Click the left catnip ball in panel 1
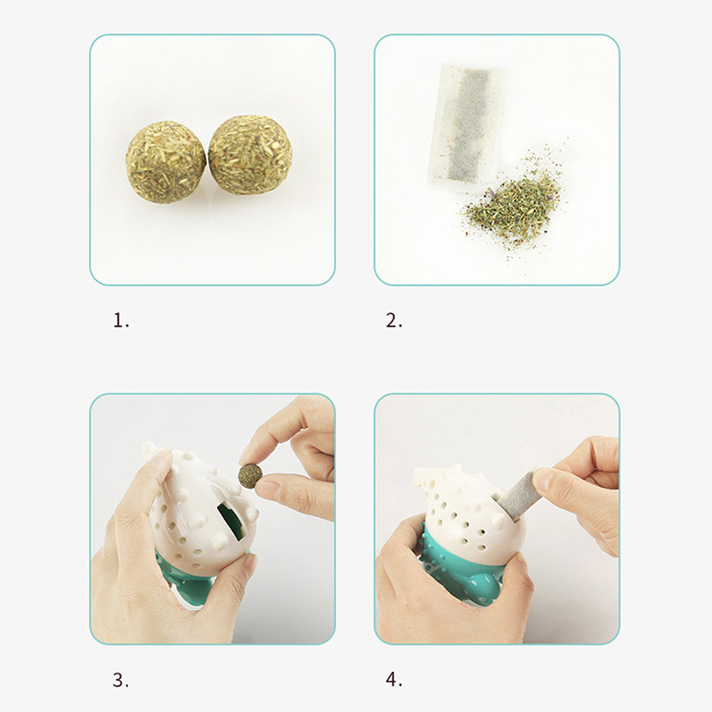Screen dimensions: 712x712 coord(166,162)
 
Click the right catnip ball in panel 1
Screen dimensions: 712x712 coord(250,154)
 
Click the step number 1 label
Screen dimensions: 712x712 coord(121,321)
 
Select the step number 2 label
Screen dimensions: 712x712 coord(393,321)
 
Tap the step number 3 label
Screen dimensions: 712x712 coord(121,680)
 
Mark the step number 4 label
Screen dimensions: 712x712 coord(393,680)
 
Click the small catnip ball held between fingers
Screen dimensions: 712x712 coord(250,475)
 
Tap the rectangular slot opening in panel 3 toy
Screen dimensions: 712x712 coord(231,521)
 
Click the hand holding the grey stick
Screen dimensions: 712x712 coord(581,490)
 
